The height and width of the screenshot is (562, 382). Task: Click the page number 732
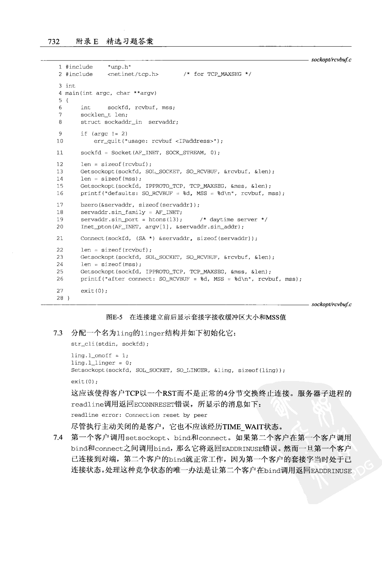pos(54,42)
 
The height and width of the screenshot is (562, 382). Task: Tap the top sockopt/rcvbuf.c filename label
pos(331,60)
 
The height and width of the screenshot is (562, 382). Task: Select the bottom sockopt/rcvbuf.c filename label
pos(331,304)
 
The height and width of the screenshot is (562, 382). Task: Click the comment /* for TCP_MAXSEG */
pos(217,74)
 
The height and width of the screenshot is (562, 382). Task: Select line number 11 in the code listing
pos(59,153)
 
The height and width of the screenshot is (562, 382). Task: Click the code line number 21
pos(59,238)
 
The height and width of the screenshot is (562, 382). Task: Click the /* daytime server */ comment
pos(234,219)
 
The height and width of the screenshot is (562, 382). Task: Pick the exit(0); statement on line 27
pos(94,291)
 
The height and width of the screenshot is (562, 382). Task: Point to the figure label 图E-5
pos(114,317)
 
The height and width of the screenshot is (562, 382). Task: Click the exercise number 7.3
pos(58,333)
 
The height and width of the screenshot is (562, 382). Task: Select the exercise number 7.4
pos(58,438)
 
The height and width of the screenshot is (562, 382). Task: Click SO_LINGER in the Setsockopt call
pos(192,371)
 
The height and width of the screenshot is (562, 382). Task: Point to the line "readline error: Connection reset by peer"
pos(139,415)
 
